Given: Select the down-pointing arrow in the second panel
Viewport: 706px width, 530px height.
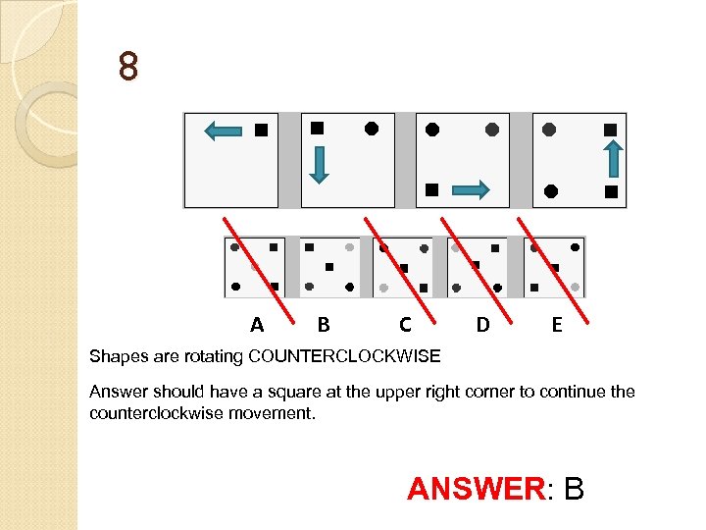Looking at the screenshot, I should (x=318, y=164).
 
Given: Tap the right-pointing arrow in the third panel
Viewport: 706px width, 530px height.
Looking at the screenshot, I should (x=472, y=190).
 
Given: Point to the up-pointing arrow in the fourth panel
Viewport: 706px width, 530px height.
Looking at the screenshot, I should (x=611, y=157).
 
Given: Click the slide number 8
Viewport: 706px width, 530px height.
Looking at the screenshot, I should (x=128, y=68).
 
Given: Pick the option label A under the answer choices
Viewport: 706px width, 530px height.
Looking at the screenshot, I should (x=257, y=324).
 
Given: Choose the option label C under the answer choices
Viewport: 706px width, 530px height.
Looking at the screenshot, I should (x=404, y=324).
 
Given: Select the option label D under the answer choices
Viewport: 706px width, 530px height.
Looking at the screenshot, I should (x=482, y=324).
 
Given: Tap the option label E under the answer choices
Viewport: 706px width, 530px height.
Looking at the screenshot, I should (x=556, y=324).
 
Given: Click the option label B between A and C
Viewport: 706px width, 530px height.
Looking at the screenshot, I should (x=323, y=324).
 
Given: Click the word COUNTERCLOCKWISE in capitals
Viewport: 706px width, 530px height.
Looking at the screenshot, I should (x=344, y=354).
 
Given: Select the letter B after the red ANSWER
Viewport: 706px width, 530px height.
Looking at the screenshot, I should (x=574, y=488).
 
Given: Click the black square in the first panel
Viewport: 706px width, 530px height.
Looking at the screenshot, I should (x=261, y=130).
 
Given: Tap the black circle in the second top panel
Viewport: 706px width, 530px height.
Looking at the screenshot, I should (x=372, y=128).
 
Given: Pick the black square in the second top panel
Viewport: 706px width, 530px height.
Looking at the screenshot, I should (x=317, y=128).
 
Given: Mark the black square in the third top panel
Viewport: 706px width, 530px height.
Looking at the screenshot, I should (x=431, y=189).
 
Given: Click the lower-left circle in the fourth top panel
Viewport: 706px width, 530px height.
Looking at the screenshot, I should (x=551, y=190).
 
